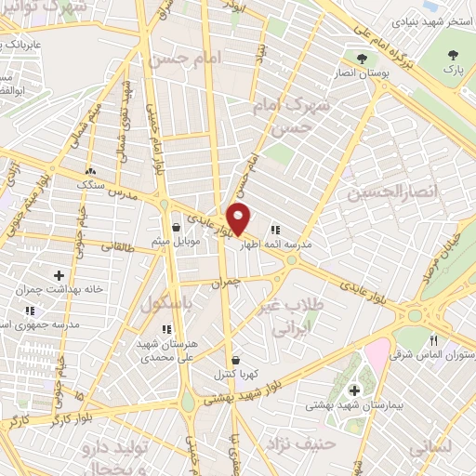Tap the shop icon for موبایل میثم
pos(176,227)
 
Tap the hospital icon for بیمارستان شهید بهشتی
pos(352,390)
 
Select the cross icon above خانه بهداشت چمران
pos(59,275)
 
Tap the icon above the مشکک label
pos(91,171)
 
